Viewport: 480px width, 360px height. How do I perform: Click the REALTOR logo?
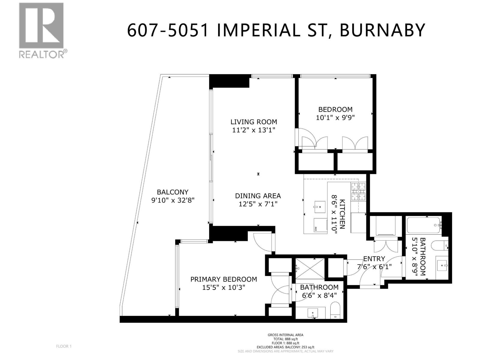pyautogui.click(x=42, y=30)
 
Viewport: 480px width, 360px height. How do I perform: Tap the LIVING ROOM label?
pyautogui.click(x=253, y=122)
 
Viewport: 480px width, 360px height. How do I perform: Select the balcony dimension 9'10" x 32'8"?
pyautogui.click(x=173, y=200)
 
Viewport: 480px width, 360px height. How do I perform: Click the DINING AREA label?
pyautogui.click(x=258, y=196)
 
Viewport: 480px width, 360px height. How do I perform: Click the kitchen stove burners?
pyautogui.click(x=358, y=191)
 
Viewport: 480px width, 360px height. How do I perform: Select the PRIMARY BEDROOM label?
pyautogui.click(x=223, y=279)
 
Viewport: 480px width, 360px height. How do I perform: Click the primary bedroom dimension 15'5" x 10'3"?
pyautogui.click(x=223, y=287)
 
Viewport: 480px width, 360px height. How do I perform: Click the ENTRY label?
pyautogui.click(x=374, y=259)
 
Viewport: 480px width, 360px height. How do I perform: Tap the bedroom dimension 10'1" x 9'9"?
pyautogui.click(x=335, y=118)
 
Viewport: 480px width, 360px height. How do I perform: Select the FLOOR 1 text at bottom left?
pyautogui.click(x=64, y=346)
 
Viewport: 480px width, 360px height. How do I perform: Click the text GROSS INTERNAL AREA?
pyautogui.click(x=285, y=335)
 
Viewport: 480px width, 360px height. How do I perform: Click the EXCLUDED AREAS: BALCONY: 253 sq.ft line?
pyautogui.click(x=285, y=347)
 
